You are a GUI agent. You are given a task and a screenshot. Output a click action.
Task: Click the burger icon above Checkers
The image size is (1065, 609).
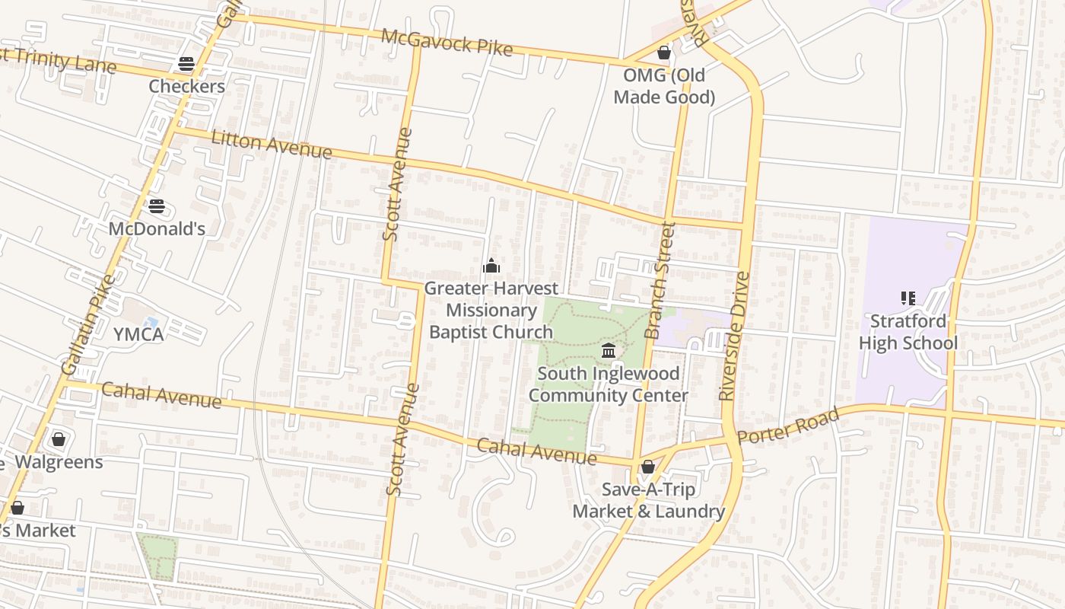[186, 64]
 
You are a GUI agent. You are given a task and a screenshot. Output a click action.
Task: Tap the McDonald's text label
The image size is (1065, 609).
[157, 228]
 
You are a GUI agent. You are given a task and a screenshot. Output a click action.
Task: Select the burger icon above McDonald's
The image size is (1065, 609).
[157, 206]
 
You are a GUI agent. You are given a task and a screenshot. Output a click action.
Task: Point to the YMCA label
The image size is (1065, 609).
[138, 334]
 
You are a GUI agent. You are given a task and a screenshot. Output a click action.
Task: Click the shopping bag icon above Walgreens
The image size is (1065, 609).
[59, 439]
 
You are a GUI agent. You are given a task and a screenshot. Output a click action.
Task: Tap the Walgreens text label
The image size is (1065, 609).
[59, 461]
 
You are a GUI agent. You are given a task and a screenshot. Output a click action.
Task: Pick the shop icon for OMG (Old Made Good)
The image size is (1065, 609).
[664, 53]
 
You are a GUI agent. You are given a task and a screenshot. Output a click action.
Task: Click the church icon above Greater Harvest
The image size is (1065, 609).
[491, 266]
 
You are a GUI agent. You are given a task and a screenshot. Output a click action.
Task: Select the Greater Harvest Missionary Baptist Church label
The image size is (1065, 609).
[491, 310]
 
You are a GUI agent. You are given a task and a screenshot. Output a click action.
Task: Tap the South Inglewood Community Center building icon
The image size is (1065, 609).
[609, 351]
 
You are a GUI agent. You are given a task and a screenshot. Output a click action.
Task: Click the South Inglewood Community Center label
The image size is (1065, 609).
[609, 384]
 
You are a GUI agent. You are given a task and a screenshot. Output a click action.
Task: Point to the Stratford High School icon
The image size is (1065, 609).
[908, 298]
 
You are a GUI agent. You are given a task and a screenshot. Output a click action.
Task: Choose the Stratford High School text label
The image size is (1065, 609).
[908, 332]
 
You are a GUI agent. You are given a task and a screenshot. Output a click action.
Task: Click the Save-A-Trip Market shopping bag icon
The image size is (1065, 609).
[648, 467]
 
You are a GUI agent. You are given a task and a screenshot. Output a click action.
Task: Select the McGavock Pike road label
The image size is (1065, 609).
[447, 42]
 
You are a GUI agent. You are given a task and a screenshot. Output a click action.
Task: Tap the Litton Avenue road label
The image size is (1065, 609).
[272, 145]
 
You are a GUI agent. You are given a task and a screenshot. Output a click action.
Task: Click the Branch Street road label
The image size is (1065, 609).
[660, 280]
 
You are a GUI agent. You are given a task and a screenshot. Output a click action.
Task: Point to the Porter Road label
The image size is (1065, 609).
[789, 426]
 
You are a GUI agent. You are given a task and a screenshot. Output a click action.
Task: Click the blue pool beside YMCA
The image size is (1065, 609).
[151, 324]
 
